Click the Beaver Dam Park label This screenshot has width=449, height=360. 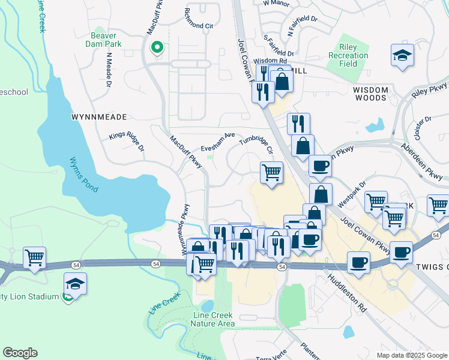pyautogui.click(x=106, y=40)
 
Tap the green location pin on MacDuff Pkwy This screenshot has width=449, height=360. pyautogui.click(x=157, y=47)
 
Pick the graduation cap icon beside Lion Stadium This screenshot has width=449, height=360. pyautogui.click(x=75, y=284)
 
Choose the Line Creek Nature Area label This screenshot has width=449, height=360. pyautogui.click(x=212, y=320)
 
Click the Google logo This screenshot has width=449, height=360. pyautogui.click(x=20, y=353)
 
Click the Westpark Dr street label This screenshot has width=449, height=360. pyautogui.click(x=354, y=194)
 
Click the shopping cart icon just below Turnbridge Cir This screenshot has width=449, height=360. pyautogui.click(x=272, y=173)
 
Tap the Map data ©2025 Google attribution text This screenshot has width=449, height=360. pyautogui.click(x=411, y=355)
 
